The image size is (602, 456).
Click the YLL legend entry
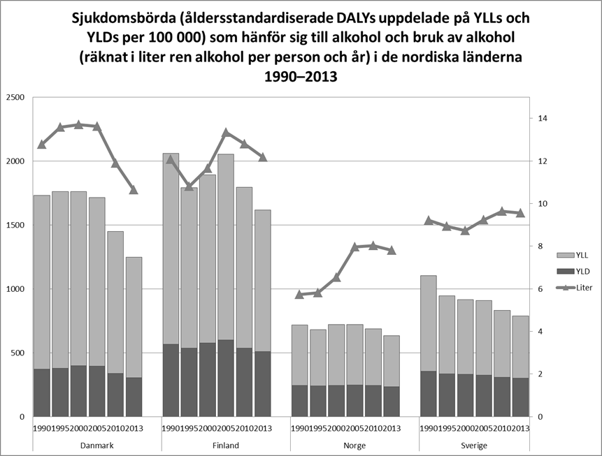pos(573,256)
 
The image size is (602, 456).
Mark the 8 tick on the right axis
pos(540,247)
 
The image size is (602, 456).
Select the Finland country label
pos(226,446)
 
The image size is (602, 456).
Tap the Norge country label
pos(354,446)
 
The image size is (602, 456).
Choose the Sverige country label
pos(483,446)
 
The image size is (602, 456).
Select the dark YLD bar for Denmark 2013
pos(134,397)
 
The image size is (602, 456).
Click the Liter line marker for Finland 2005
pos(226,132)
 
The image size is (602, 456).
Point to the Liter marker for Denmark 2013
pos(134,190)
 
